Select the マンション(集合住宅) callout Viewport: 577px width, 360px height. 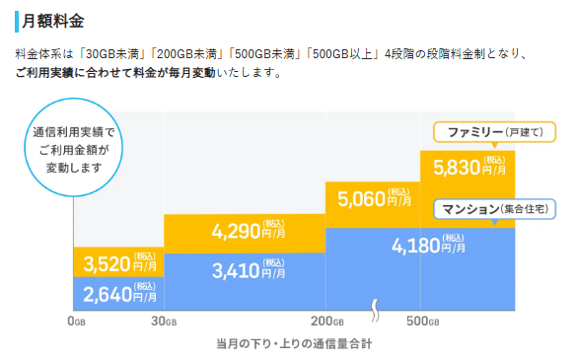(x=493, y=208)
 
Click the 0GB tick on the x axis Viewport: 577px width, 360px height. (x=74, y=322)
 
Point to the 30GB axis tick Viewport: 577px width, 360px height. (x=164, y=322)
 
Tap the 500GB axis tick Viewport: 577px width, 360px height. (x=421, y=322)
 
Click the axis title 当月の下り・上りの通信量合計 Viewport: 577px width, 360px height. (x=293, y=343)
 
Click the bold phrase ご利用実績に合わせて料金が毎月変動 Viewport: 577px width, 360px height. (x=119, y=73)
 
